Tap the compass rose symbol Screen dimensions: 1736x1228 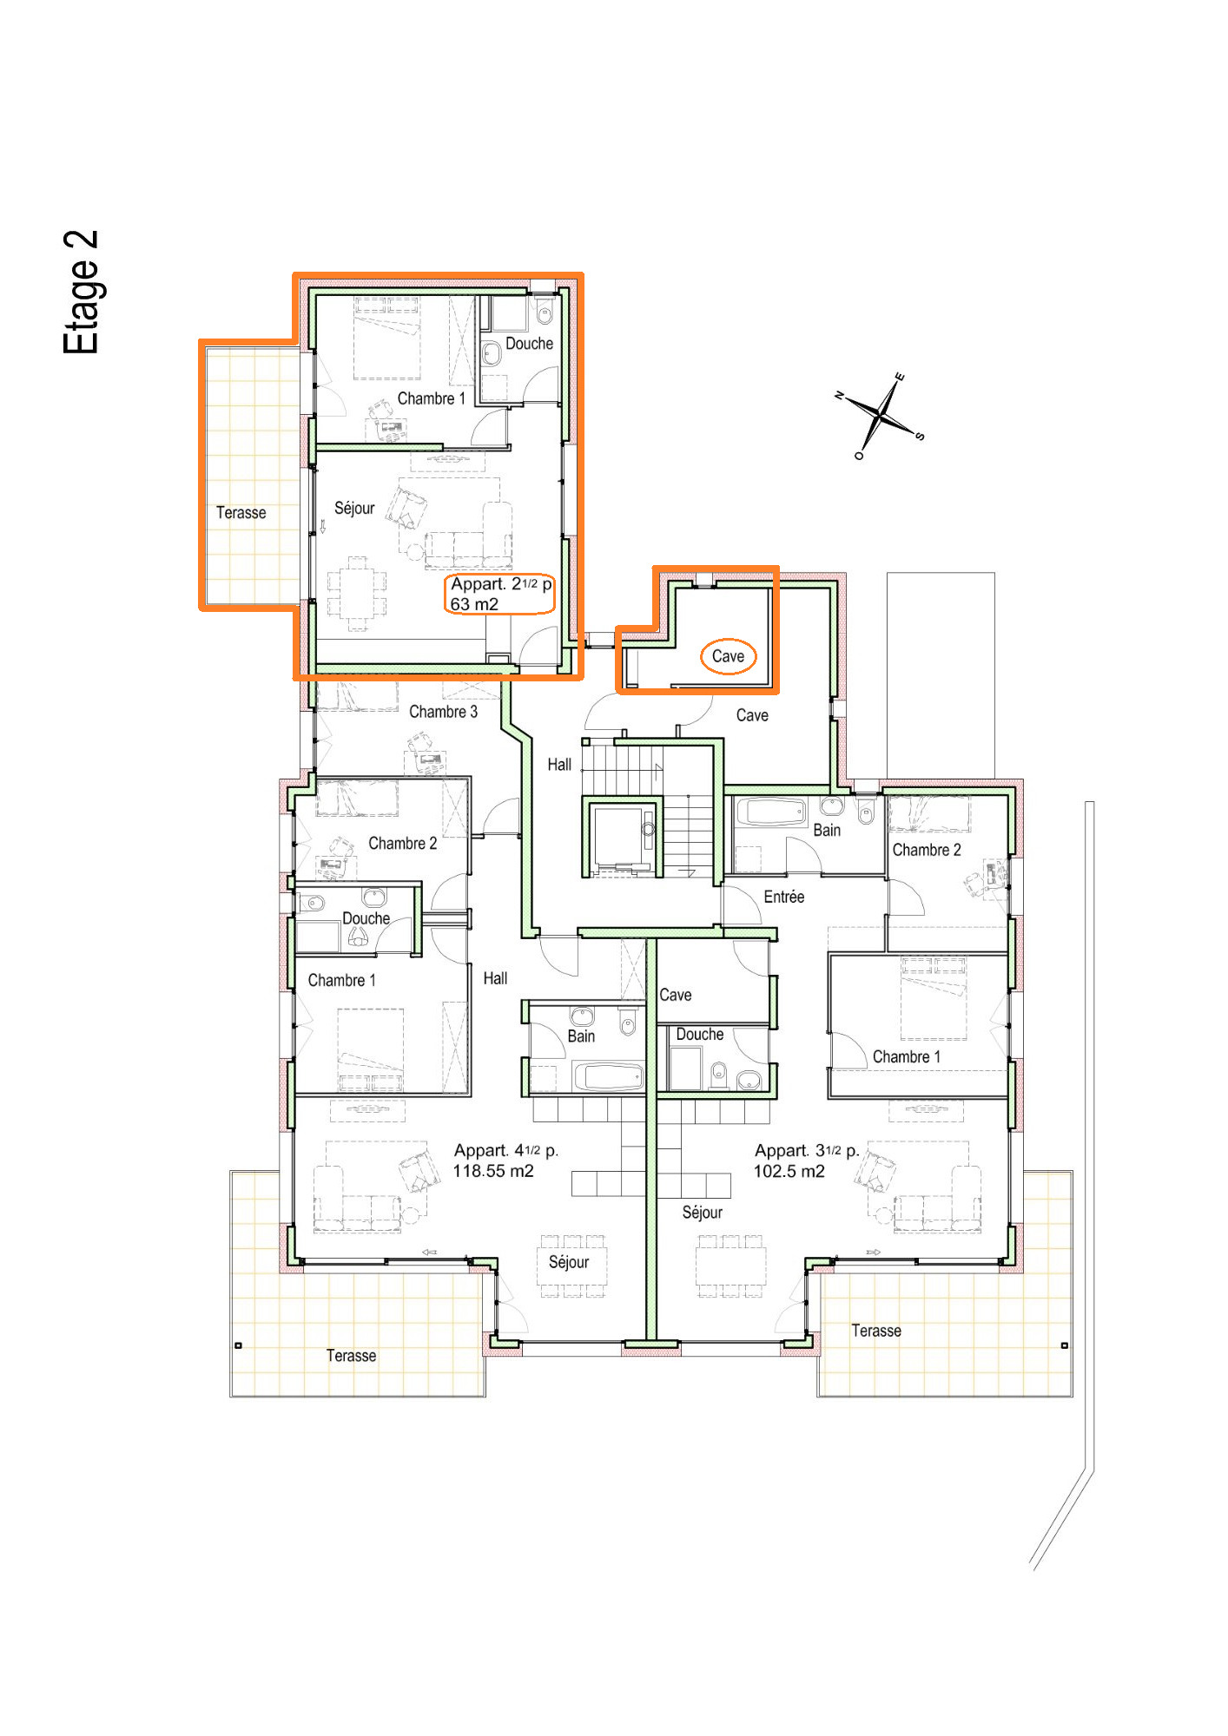[x=881, y=416]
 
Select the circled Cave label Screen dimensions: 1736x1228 [x=728, y=656]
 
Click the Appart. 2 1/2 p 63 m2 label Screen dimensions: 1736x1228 [x=499, y=595]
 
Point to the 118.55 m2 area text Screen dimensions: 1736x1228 [x=492, y=1171]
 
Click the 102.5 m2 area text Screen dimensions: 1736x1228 [x=789, y=1171]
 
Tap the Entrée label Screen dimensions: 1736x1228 [x=783, y=897]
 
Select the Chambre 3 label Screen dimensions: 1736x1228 [x=443, y=712]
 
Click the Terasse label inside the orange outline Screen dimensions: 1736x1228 [x=241, y=513]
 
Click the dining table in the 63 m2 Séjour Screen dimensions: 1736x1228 [x=357, y=593]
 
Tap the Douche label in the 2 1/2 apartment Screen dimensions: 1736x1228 [x=529, y=344]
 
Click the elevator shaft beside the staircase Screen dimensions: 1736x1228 [x=622, y=837]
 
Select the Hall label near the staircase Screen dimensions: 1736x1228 [x=559, y=765]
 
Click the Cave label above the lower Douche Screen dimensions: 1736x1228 [x=675, y=995]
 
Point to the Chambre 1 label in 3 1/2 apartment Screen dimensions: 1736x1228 [x=906, y=1056]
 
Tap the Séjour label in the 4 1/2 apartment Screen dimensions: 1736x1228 [x=568, y=1262]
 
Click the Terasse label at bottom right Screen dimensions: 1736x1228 [x=875, y=1331]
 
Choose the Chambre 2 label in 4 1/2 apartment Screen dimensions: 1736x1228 [x=402, y=843]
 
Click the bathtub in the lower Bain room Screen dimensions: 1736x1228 [x=608, y=1076]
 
